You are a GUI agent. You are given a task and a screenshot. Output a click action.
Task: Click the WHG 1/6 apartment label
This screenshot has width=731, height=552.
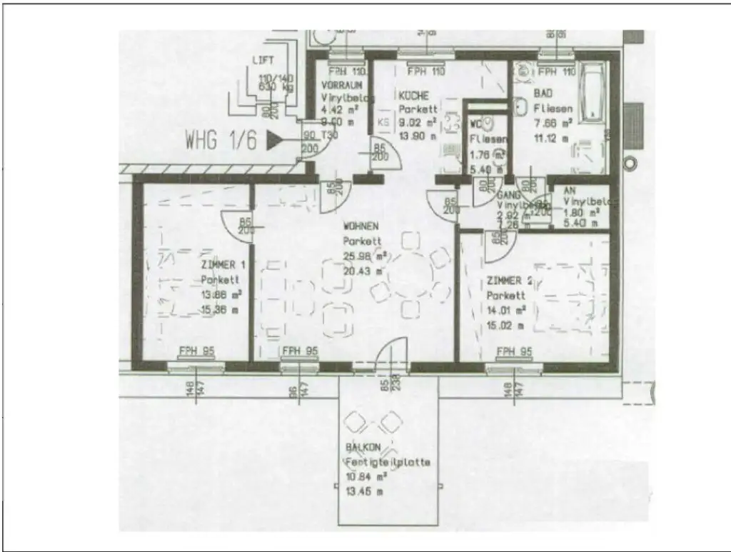(x=221, y=139)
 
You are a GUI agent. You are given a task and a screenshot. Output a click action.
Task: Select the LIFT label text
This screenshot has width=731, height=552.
(x=263, y=61)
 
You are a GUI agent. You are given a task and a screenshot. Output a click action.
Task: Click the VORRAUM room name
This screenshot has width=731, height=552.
(x=341, y=85)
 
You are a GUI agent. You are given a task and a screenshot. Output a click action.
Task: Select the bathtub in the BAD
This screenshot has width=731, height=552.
(x=593, y=93)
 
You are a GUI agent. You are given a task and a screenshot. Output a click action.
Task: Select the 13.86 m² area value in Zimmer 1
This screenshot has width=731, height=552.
(x=218, y=296)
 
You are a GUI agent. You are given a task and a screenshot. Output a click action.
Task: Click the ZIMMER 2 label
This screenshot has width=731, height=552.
(x=509, y=281)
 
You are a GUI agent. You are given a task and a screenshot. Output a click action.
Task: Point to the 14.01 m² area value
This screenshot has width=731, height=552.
(x=507, y=310)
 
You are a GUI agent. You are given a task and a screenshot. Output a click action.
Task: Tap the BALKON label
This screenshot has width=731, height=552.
(x=361, y=448)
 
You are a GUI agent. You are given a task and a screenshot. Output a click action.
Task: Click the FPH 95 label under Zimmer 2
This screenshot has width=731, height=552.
(x=515, y=351)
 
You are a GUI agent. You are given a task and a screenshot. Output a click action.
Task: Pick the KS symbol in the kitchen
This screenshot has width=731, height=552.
(x=383, y=122)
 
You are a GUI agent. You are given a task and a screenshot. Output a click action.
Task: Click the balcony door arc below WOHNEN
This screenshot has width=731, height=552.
(x=391, y=353)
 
